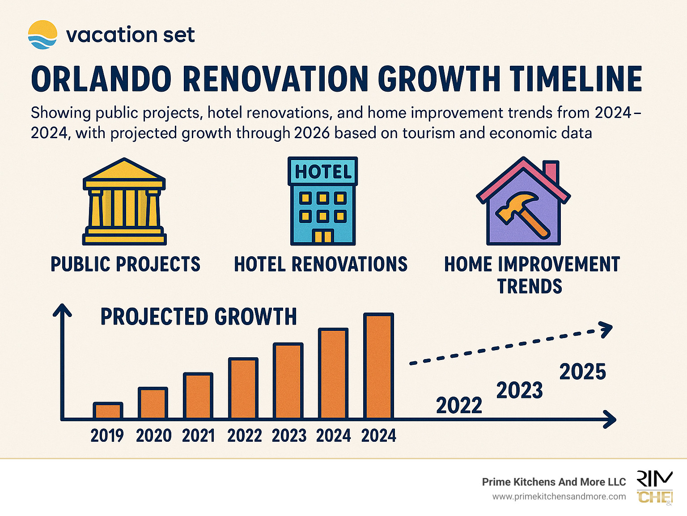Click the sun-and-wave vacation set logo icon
point(42,34)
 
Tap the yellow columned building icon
point(124,202)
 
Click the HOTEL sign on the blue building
point(322,172)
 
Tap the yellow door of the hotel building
point(322,236)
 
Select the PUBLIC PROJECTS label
point(125,264)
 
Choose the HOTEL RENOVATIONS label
point(321,264)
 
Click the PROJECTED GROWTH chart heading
point(198,317)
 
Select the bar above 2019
point(108,410)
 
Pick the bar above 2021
point(198,396)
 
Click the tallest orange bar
point(379,366)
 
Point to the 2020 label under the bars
point(153,436)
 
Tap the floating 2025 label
point(582,372)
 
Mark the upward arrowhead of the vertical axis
point(62,310)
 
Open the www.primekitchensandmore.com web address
point(559,497)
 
